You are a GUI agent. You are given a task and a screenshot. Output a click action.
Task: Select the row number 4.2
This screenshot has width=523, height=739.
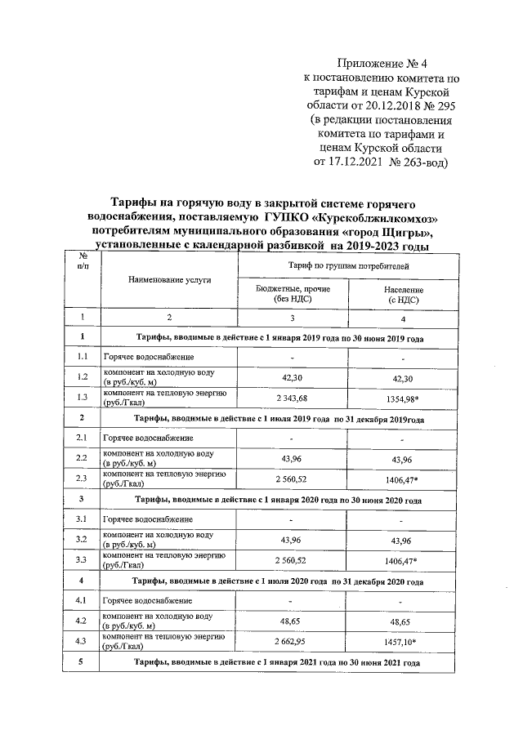[83, 621]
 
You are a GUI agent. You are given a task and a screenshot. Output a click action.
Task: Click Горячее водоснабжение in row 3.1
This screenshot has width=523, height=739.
[148, 519]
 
